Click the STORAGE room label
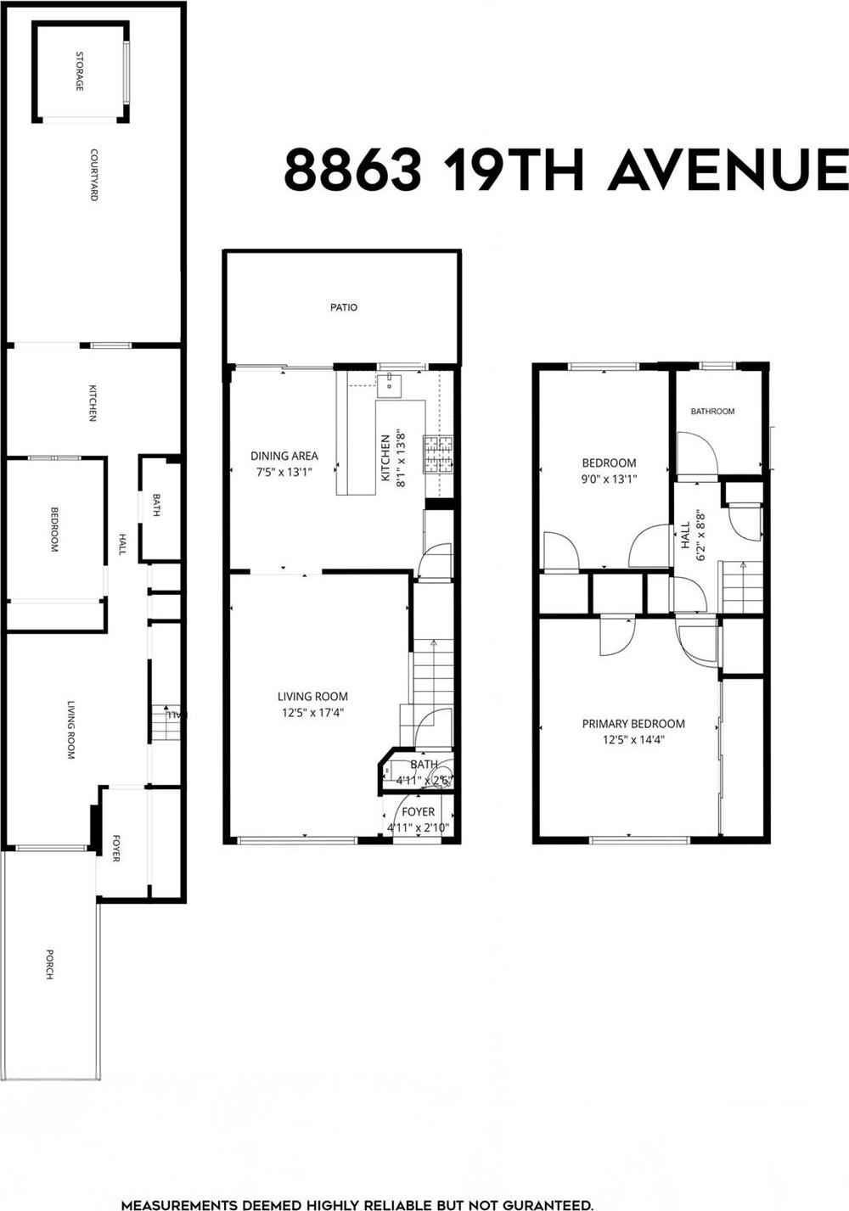coord(80,72)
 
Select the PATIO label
coord(344,307)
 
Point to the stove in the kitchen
coord(440,454)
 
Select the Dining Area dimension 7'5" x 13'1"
coord(284,472)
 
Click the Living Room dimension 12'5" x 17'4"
coord(312,713)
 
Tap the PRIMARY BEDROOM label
coord(633,724)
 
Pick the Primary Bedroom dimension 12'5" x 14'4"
coord(633,739)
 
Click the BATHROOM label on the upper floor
coord(712,412)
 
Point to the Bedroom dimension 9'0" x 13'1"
coord(608,479)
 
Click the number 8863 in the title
coord(352,170)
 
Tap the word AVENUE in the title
coord(727,170)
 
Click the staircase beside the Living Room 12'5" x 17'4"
coord(432,679)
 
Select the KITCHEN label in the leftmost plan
coord(93,403)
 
